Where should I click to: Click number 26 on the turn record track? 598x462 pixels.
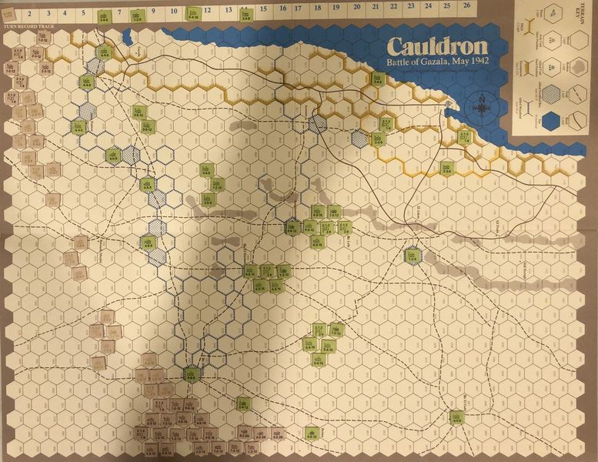click(466, 10)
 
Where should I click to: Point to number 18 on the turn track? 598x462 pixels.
click(319, 11)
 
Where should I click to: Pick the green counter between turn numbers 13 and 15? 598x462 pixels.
click(246, 14)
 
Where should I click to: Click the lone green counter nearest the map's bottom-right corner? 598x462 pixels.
click(456, 417)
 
